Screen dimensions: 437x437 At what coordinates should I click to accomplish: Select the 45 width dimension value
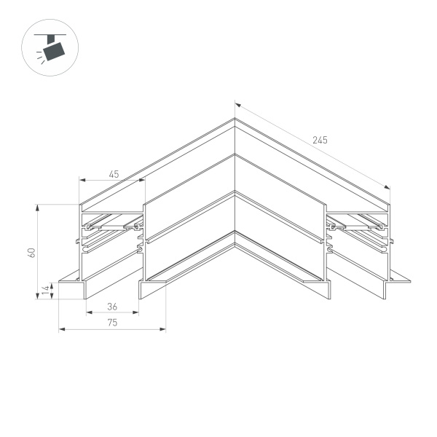click(114, 174)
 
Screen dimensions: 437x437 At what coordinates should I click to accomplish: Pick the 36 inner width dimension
click(112, 307)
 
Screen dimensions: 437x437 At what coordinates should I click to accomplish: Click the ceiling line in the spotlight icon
click(53, 33)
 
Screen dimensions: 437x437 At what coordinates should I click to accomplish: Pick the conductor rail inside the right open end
click(357, 227)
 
